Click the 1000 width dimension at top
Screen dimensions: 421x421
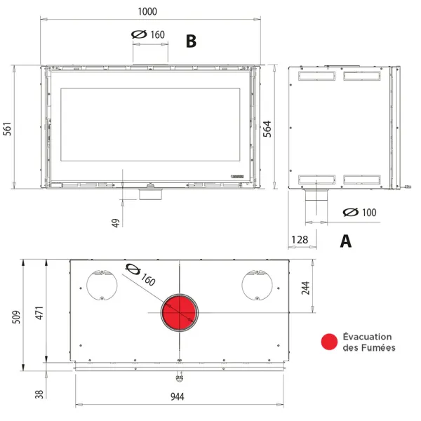(148, 11)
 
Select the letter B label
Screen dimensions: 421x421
(191, 41)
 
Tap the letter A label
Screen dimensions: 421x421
(345, 241)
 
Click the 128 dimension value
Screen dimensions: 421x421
(299, 241)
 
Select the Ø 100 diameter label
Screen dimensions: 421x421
(359, 213)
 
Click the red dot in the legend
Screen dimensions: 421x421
(329, 342)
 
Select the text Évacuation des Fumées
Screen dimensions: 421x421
(369, 342)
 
